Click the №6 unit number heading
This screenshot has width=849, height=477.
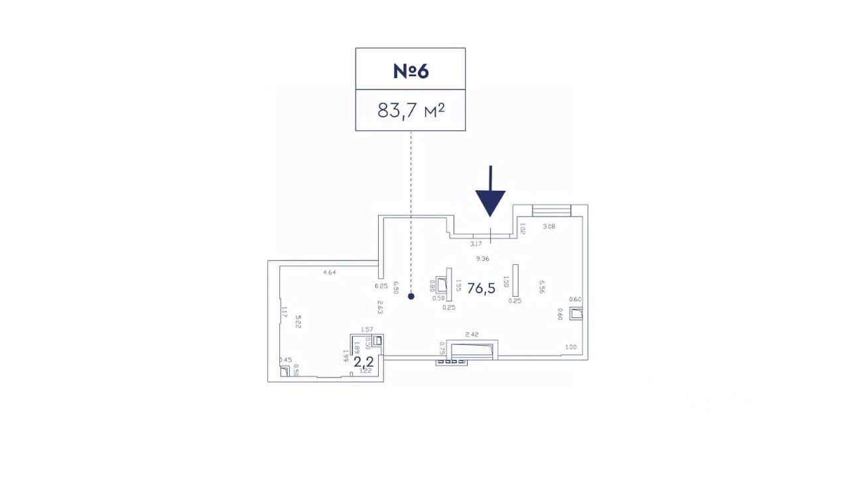point(411,70)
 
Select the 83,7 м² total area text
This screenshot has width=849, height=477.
point(411,110)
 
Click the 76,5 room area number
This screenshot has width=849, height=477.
point(482,288)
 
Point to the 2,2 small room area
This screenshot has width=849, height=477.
point(363,361)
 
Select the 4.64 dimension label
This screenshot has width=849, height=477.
point(330,272)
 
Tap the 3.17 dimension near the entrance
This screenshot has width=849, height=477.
point(476,244)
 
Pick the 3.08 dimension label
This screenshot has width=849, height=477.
point(549,227)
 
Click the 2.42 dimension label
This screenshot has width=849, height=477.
point(472,335)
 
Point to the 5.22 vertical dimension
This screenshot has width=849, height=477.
point(298,321)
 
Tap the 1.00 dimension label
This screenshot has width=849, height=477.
point(570,347)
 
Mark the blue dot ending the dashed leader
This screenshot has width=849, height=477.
point(411,297)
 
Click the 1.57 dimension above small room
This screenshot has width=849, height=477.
point(367,329)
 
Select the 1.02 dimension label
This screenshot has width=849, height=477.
point(523,229)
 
